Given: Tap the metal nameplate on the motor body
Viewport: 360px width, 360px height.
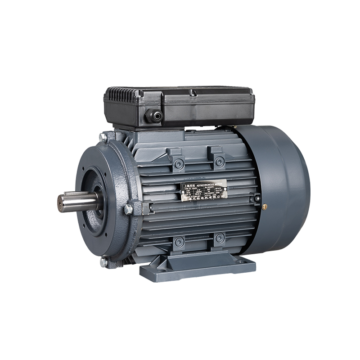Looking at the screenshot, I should (203, 192).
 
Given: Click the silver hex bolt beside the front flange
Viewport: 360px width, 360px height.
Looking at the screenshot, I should (129, 209).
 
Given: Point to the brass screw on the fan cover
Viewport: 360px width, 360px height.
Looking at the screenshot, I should (265, 207).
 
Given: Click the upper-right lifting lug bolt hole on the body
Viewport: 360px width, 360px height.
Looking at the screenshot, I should (219, 161).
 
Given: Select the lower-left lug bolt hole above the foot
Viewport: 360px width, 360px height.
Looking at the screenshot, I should (179, 242).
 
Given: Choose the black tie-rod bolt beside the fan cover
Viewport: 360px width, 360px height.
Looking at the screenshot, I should (257, 198).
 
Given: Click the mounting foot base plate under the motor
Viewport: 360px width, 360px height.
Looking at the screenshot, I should (198, 270).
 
